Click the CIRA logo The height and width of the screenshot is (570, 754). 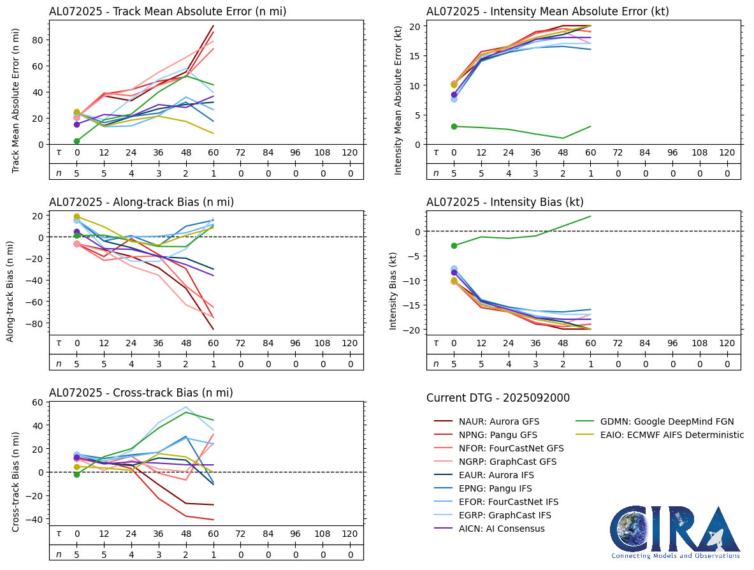click(x=676, y=532)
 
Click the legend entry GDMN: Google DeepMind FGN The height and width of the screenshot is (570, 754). click(x=667, y=421)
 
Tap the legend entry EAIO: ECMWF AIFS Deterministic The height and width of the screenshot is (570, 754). click(x=672, y=435)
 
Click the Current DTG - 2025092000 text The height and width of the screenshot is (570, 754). click(x=498, y=398)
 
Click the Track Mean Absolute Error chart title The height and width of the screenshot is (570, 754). click(x=168, y=11)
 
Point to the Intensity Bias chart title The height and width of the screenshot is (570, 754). click(x=505, y=202)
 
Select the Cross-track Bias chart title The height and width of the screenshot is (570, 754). click(x=141, y=393)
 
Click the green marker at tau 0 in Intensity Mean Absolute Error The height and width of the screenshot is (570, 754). click(x=454, y=126)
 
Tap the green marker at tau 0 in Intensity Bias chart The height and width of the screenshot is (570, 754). click(x=454, y=245)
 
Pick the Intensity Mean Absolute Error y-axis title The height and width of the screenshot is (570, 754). click(x=399, y=100)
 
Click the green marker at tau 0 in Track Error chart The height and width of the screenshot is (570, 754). click(x=76, y=141)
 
